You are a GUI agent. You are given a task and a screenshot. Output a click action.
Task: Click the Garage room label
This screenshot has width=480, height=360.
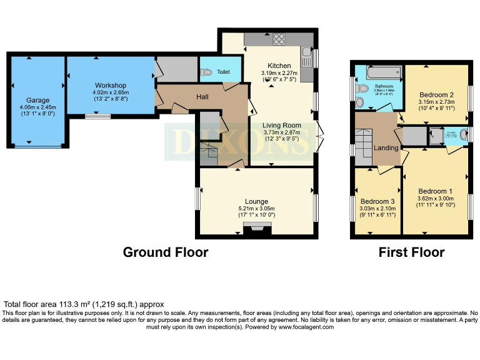[37, 100]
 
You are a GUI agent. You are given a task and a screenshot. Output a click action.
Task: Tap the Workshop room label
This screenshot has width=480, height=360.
[111, 86]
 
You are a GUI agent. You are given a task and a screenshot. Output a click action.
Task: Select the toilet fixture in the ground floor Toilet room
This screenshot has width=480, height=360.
[206, 72]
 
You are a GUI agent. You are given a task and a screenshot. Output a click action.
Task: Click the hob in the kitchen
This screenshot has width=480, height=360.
[279, 39]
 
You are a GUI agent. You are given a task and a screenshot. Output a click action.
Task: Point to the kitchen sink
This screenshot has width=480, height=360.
[306, 60]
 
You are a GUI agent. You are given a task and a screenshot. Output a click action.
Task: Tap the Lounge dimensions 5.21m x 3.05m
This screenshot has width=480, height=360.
[256, 208]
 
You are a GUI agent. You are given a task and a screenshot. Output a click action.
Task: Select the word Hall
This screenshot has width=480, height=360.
[202, 97]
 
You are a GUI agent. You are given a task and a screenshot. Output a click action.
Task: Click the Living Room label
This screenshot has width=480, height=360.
[281, 125]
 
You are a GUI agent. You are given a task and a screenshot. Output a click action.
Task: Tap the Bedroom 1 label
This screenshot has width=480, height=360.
[436, 191]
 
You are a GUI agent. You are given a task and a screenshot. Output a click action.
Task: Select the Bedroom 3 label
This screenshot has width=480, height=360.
[377, 201]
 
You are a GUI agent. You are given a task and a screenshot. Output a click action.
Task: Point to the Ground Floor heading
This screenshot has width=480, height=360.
[165, 252]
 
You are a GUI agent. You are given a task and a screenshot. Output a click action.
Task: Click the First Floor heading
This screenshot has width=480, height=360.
[411, 252]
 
